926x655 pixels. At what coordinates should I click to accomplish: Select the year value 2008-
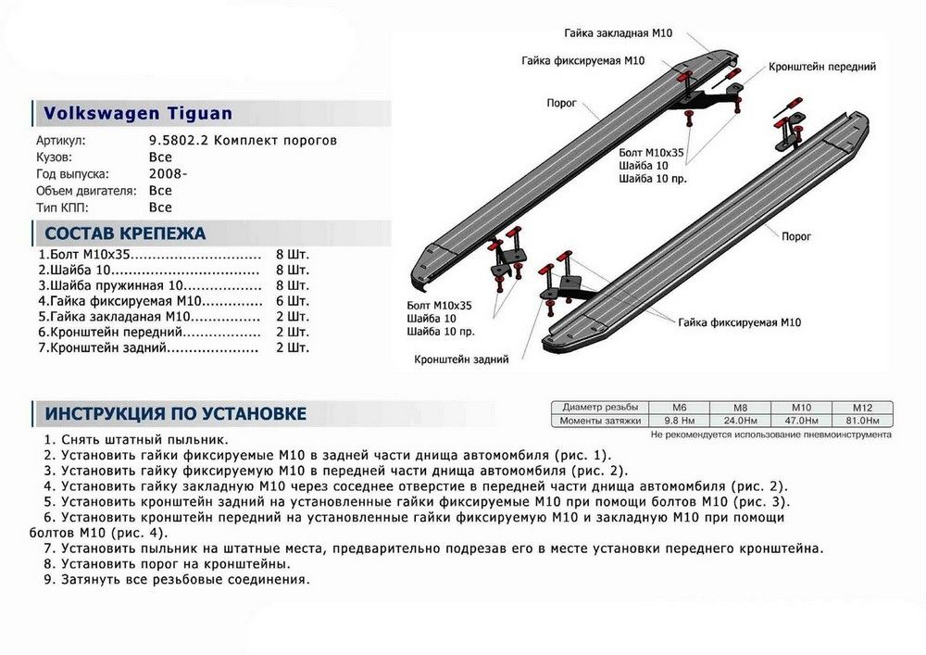[x=167, y=174]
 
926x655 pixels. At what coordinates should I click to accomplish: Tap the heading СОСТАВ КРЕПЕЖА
[x=125, y=233]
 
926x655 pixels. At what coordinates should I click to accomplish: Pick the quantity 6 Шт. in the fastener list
[x=293, y=301]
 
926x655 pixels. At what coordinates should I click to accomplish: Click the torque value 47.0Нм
[x=801, y=421]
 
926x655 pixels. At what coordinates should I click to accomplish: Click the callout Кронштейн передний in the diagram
[x=821, y=67]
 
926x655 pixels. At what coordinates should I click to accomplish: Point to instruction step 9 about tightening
[x=176, y=580]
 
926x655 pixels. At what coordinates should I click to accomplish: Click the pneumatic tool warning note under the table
[x=770, y=434]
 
